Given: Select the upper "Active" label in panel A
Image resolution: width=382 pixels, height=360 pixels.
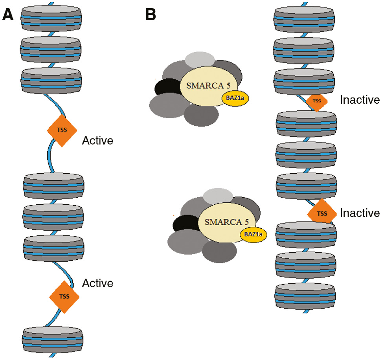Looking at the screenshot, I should [x=97, y=140].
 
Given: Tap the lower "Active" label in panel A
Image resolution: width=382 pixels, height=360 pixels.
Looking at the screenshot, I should [x=97, y=283].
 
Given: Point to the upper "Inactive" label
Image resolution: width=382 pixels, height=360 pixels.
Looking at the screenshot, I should [x=360, y=100].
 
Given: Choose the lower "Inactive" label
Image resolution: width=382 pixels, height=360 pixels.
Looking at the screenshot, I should [x=360, y=213].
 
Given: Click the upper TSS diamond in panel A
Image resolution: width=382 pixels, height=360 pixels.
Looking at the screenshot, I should [x=62, y=131].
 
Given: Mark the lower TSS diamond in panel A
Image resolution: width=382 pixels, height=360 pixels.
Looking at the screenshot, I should [x=64, y=297].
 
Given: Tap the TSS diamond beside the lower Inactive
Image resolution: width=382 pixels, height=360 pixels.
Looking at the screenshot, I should [x=322, y=213].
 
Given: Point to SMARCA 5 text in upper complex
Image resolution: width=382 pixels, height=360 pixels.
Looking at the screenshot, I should [x=203, y=84].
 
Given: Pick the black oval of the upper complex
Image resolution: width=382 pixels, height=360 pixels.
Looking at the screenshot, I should [x=165, y=88].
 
